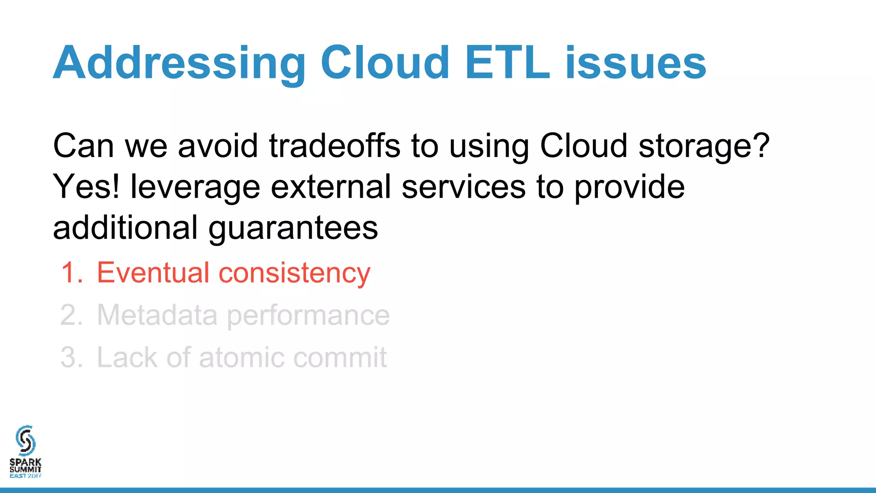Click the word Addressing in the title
pos(179,63)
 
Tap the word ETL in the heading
pos(507,63)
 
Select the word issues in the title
pos(636,63)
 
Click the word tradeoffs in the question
pos(334,146)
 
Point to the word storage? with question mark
pos(704,146)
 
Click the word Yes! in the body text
pos(86,187)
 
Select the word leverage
pos(195,187)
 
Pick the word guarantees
pos(293,228)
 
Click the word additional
pos(125,228)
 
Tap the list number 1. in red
pos(72,273)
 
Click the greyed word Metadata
pos(157,315)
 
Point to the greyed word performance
pos(308,315)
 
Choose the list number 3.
pos(71,357)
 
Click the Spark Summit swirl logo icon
pos(25,440)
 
